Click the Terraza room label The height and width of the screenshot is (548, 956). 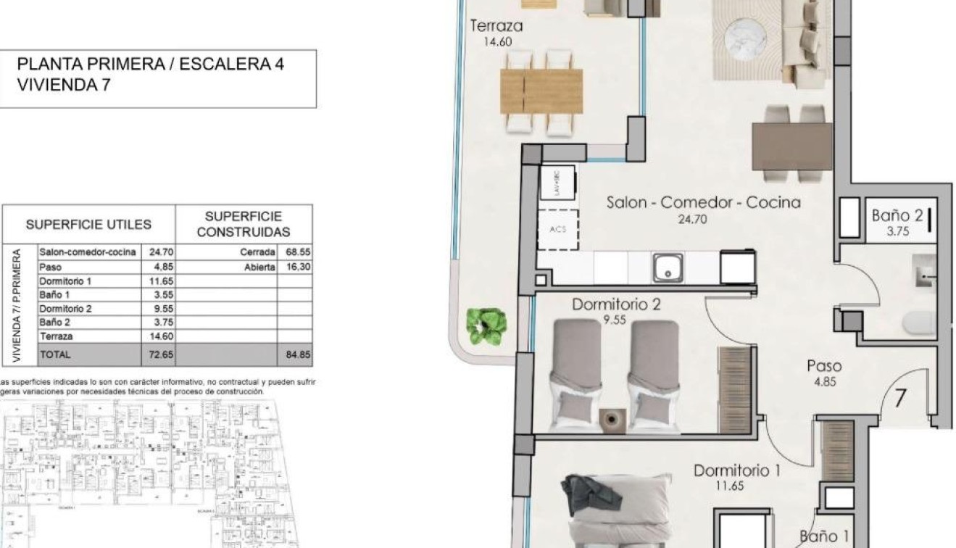496,27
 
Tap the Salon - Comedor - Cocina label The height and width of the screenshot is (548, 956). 703,203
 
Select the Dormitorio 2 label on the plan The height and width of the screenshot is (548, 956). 616,304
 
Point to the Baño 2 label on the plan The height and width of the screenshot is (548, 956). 897,215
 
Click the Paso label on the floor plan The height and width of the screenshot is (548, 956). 824,367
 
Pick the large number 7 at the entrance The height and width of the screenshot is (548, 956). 901,399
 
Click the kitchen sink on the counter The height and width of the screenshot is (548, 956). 665,267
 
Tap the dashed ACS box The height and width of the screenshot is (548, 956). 557,230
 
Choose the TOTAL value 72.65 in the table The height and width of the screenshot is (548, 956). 157,355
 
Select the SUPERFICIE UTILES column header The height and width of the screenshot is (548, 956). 88,225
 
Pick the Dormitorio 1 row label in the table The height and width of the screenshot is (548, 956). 66,281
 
